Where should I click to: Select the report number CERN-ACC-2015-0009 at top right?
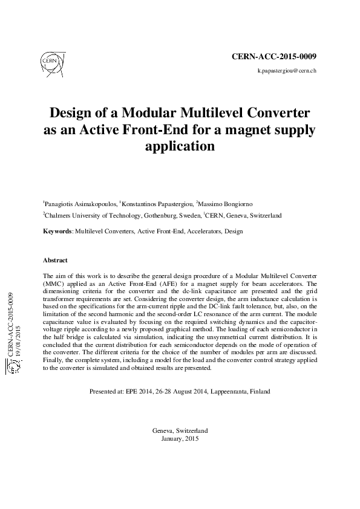(275, 56)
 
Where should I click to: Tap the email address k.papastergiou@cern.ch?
(287, 71)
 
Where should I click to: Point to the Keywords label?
(57, 231)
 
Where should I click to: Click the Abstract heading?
(55, 261)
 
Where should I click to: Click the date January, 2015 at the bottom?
(181, 438)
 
